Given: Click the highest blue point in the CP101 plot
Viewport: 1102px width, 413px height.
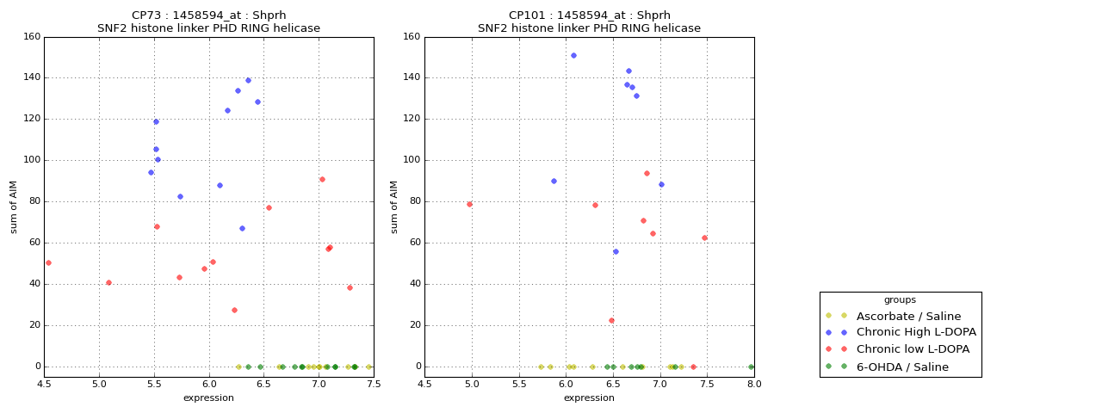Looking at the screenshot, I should tap(573, 55).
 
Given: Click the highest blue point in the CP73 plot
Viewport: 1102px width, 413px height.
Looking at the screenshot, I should tap(248, 81).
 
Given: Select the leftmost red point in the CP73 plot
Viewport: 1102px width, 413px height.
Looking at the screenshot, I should tap(48, 262).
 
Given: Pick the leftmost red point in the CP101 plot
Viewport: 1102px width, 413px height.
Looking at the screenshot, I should tap(469, 204).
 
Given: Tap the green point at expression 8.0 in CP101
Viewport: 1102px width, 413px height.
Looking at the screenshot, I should tap(751, 367).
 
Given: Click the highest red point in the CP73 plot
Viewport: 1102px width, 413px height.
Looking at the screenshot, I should tap(322, 179).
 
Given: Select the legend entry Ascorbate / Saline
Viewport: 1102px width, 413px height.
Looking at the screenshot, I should tap(919, 316).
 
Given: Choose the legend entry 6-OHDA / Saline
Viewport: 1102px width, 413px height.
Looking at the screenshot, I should tap(913, 367).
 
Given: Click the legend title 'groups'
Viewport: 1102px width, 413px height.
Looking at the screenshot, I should tap(900, 300).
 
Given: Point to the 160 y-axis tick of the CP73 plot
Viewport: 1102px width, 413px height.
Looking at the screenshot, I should tap(31, 37).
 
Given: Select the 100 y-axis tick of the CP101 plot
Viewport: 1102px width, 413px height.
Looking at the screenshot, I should tap(412, 160).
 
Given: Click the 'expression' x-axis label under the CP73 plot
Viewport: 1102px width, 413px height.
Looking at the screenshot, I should tap(208, 398).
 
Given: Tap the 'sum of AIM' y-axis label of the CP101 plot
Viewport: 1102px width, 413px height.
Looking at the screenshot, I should tap(394, 206).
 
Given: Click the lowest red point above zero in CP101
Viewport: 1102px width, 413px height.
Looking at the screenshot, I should tap(611, 321).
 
